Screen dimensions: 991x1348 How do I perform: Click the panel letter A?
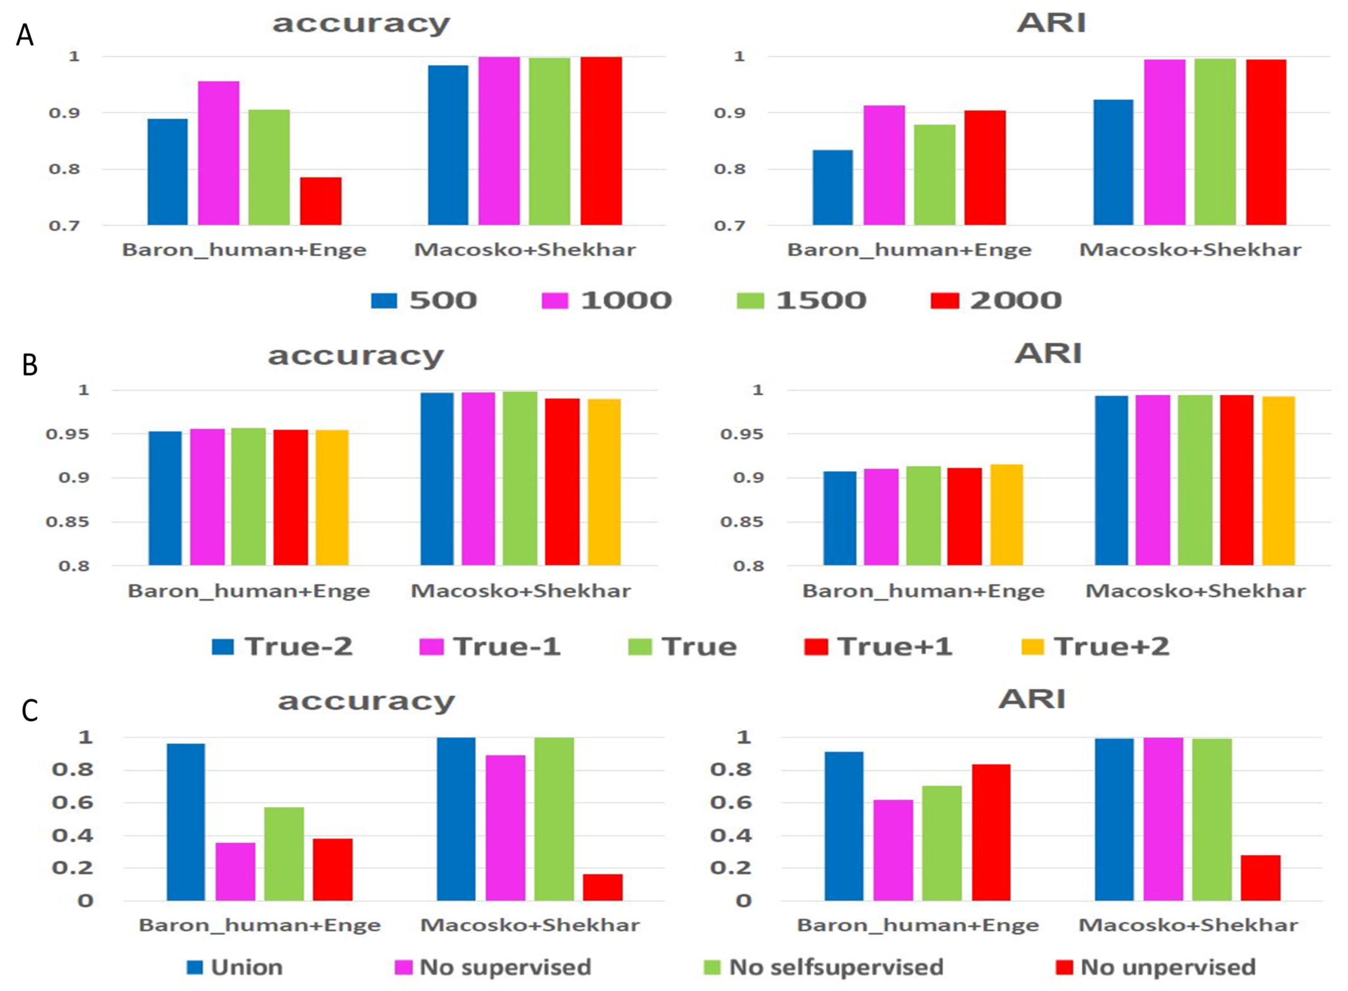click(25, 35)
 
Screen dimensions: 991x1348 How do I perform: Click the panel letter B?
click(30, 365)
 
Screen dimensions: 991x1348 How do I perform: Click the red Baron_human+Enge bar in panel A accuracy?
click(321, 201)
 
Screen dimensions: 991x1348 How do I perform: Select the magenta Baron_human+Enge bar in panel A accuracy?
click(219, 154)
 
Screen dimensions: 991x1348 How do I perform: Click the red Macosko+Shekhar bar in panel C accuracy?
click(602, 888)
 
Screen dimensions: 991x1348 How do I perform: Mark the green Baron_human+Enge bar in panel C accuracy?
click(284, 854)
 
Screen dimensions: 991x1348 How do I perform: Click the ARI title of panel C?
click(1032, 699)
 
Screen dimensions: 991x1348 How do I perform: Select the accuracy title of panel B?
click(356, 356)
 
